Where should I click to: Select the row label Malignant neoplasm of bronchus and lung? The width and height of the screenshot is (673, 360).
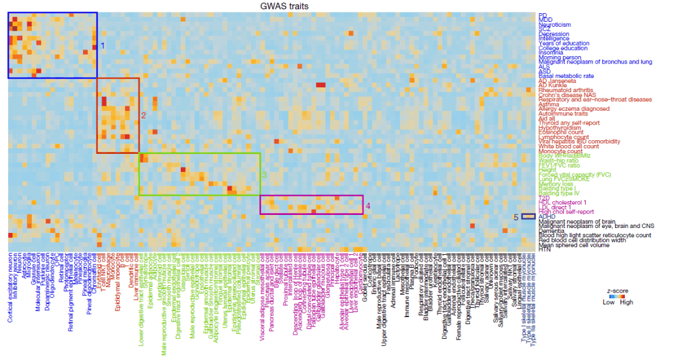point(596,62)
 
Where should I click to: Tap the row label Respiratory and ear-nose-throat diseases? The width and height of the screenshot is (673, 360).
point(596,100)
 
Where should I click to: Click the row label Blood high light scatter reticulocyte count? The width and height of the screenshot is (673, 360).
point(595,235)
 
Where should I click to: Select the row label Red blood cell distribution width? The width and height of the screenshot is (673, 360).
point(582,240)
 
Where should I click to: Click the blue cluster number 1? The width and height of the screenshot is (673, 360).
point(103,45)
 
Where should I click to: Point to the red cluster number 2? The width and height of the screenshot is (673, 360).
point(143,115)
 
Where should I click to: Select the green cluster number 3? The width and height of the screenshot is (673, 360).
point(264,175)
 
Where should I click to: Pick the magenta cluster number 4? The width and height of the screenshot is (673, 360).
point(368,206)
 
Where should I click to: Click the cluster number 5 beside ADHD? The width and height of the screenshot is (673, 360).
point(516,217)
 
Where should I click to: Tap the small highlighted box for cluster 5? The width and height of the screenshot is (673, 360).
point(528,217)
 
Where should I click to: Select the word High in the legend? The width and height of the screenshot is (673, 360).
point(626,302)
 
